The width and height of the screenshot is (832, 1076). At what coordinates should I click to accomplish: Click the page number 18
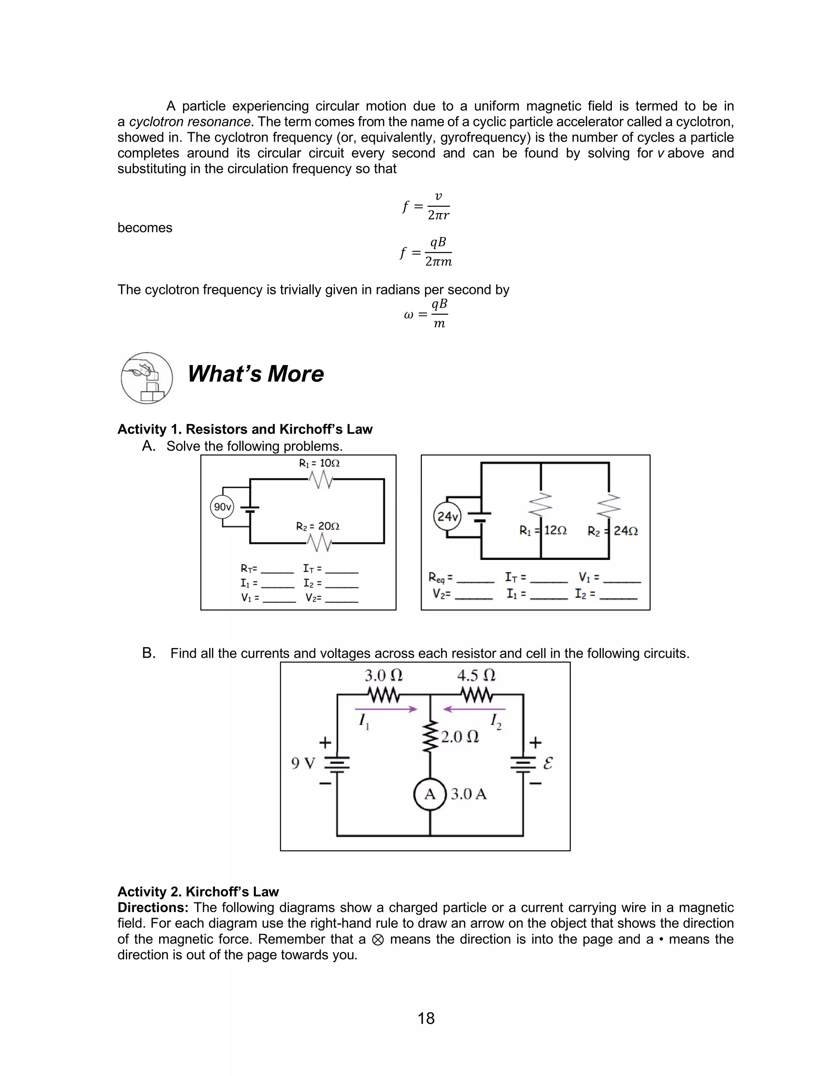pos(426,1018)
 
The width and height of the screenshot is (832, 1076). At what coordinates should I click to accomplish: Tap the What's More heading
pos(255,374)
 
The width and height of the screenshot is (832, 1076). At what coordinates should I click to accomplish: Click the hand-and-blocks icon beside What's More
pos(146,378)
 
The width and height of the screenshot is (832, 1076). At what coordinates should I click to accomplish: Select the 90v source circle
pos(222,507)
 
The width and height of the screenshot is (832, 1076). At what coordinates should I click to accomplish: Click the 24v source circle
pos(447,516)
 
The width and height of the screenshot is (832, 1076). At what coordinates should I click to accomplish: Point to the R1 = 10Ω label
pos(319,463)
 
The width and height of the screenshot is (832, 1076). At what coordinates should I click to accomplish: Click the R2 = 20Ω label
pos(317,526)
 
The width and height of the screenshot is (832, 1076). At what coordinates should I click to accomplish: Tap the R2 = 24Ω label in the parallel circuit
pos(613,531)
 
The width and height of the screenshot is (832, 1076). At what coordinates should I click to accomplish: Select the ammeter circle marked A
pos(430,794)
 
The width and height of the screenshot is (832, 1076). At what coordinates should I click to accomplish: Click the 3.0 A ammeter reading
pos(468,794)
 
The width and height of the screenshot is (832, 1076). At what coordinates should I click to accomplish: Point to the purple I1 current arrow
pos(386,709)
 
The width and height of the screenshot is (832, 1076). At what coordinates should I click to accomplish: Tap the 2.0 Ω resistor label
pos(459,737)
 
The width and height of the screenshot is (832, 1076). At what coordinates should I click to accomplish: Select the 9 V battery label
pos(303,763)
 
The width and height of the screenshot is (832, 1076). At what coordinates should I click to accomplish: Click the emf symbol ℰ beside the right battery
pos(548,763)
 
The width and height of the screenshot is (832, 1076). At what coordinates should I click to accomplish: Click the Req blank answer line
pos(475,582)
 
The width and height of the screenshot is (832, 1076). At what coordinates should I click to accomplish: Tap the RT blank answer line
pos(277,573)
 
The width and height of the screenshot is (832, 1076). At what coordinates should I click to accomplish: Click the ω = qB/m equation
pos(426,314)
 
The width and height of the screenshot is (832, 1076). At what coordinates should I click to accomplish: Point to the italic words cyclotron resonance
pos(190,122)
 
